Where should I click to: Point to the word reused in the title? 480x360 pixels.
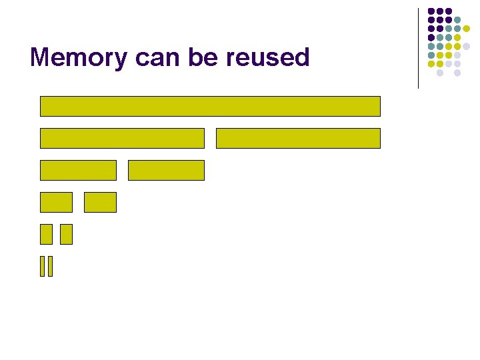[x=268, y=57]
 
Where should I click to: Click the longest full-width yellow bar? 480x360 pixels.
[x=210, y=106]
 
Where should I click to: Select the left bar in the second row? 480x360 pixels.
[x=122, y=138]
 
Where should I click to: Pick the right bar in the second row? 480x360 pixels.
[x=298, y=138]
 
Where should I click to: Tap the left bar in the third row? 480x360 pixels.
[x=78, y=170]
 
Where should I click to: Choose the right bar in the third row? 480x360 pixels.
[x=166, y=170]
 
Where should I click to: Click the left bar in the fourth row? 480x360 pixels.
[x=56, y=202]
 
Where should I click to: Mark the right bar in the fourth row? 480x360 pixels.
[x=100, y=202]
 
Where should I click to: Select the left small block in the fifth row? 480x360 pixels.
[x=46, y=234]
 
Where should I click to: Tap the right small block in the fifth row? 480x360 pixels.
[x=66, y=234]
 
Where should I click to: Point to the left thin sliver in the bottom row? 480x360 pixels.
[x=43, y=266]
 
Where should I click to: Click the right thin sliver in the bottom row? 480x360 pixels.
[x=50, y=266]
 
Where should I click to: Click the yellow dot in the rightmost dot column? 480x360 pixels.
[x=467, y=29]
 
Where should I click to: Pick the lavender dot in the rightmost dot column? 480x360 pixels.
[x=467, y=46]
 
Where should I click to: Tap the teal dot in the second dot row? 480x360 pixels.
[x=457, y=19]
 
